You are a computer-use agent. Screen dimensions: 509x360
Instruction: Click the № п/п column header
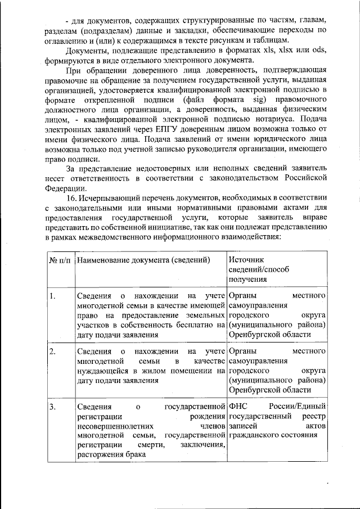coord(60,259)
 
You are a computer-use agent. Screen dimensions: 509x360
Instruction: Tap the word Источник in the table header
coord(246,259)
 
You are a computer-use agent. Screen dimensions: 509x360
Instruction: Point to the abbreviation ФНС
coord(238,407)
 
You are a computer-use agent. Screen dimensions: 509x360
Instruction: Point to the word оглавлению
coord(69,41)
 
